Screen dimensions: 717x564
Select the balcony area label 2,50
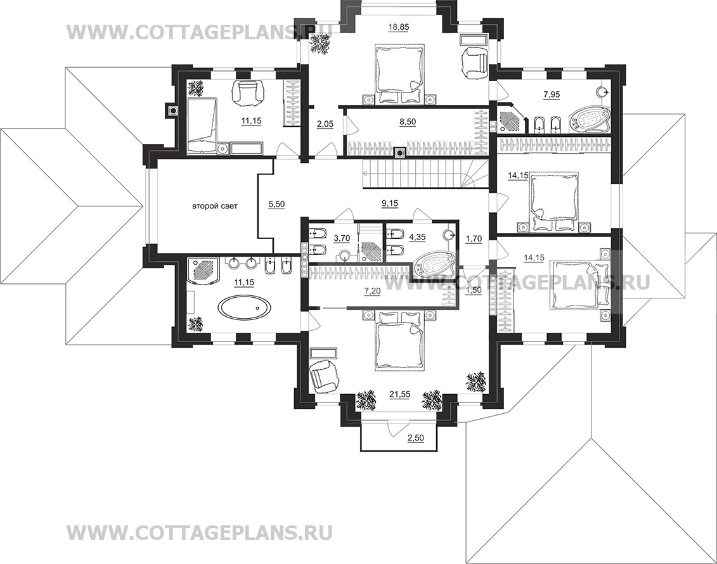point(416,437)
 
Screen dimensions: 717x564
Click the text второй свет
point(214,206)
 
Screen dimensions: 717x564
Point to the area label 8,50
point(408,122)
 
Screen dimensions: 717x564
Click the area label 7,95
point(552,94)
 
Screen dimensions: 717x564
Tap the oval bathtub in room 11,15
point(245,307)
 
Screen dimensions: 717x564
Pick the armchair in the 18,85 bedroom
point(475,63)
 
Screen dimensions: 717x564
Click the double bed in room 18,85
point(399,74)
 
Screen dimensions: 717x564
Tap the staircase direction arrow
point(366,173)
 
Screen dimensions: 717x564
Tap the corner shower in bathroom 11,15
point(204,271)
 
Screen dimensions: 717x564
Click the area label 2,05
point(325,122)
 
